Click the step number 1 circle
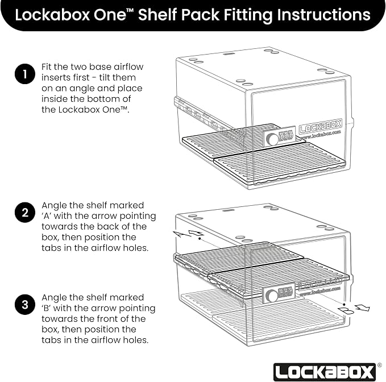[25, 74]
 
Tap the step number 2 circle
[25, 213]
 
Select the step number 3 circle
[25, 305]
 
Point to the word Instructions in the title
[323, 15]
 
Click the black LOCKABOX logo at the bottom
[325, 372]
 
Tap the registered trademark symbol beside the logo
[379, 365]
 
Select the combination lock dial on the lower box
[272, 296]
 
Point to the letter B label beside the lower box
[346, 311]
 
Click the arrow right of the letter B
[362, 308]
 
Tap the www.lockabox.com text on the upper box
[321, 135]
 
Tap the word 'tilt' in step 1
[106, 77]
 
